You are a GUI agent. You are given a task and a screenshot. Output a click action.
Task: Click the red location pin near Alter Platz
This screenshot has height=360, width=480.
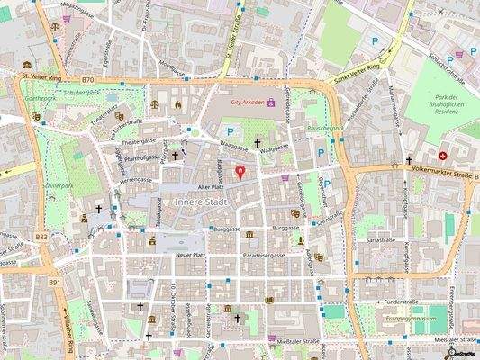tap(240, 172)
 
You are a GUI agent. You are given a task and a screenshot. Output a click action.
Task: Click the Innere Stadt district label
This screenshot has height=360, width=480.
tap(201, 202)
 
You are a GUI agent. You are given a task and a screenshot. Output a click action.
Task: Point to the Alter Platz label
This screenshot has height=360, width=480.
tap(210, 186)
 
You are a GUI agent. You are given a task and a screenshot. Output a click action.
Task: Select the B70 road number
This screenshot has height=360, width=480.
tap(86, 79)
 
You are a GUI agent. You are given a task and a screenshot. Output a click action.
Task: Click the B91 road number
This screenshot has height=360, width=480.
tap(54, 282)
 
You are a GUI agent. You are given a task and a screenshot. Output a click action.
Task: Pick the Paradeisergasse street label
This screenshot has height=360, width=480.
tap(264, 255)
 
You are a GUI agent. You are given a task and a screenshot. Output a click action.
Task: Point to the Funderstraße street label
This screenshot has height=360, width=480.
tap(402, 301)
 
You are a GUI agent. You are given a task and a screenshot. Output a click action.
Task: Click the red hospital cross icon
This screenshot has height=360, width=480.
tap(443, 155)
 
